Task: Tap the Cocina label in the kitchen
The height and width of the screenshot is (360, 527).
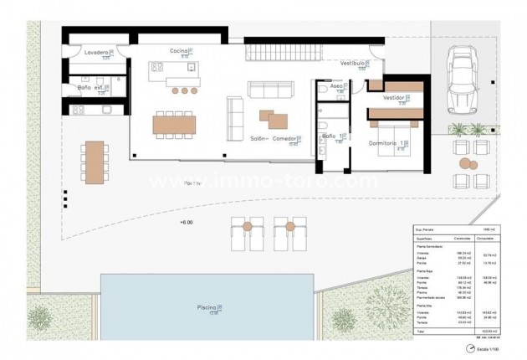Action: [x=178, y=51]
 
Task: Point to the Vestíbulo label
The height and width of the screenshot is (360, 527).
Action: [x=356, y=63]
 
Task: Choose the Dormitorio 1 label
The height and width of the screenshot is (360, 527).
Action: [x=387, y=143]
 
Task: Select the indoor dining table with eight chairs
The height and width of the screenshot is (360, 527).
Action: [x=175, y=123]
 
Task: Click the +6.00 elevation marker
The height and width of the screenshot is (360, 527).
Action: [x=186, y=223]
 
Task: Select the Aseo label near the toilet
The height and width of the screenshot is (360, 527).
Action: [x=336, y=85]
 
